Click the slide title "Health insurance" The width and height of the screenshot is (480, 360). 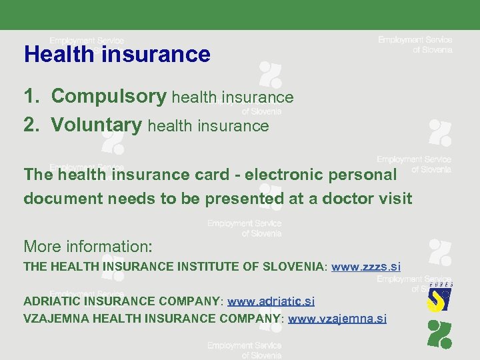117,54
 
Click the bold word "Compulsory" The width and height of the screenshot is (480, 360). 109,97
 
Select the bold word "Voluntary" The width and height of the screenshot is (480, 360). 97,125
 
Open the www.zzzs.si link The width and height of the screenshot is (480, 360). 366,267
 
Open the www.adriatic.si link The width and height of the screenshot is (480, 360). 271,301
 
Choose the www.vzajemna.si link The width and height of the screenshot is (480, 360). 337,318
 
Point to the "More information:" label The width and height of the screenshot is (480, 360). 88,246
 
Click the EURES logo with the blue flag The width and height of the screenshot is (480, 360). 439,297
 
